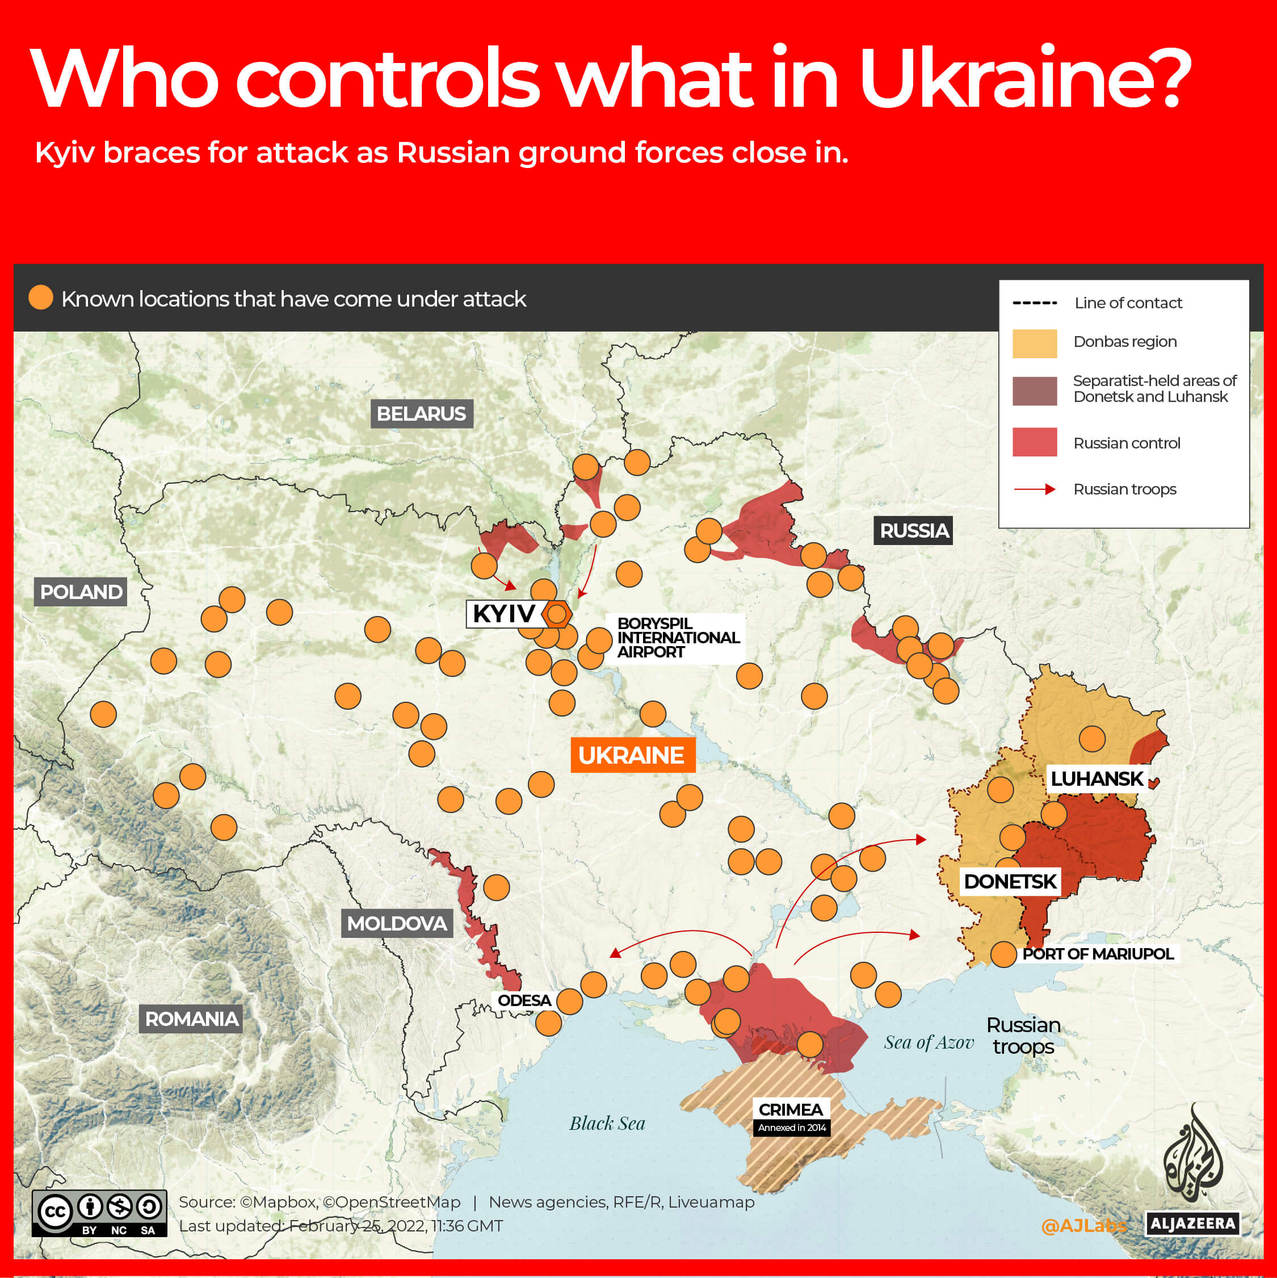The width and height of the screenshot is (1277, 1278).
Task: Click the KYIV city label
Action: [503, 614]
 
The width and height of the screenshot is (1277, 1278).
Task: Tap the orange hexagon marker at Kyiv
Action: [557, 614]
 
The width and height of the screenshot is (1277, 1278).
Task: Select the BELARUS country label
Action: [421, 413]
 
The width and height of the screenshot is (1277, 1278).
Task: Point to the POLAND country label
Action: [81, 592]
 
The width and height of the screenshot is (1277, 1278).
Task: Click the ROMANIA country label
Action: [191, 1018]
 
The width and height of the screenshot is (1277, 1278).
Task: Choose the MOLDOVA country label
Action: [397, 923]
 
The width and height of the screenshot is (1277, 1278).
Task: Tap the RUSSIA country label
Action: [913, 530]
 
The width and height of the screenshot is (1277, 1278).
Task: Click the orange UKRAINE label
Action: [632, 755]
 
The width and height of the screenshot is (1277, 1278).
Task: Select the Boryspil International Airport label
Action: [677, 638]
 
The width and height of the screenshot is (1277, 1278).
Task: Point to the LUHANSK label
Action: [1097, 778]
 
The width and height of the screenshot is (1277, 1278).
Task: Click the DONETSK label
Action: [1010, 881]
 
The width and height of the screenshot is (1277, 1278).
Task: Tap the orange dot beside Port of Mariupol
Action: [1003, 954]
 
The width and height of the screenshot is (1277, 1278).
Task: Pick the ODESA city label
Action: [524, 1000]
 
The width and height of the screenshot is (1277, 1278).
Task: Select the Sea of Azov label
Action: [929, 1042]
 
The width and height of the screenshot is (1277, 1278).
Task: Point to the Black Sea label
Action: [607, 1123]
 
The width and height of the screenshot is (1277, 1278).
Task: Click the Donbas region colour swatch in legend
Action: [1034, 343]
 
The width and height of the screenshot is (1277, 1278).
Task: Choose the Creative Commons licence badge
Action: [99, 1213]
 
